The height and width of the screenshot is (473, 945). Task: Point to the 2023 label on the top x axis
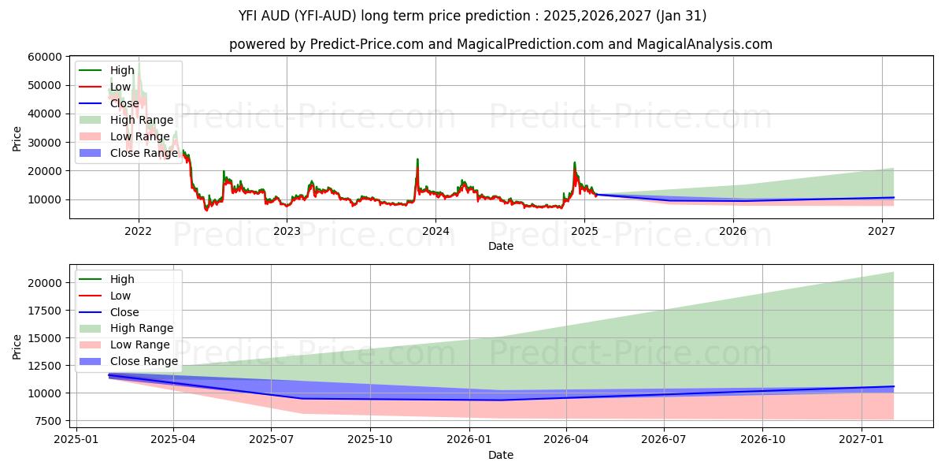coord(287,231)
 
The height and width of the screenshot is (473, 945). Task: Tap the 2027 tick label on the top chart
coord(881,231)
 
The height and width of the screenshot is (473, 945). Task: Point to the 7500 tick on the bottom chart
coord(50,421)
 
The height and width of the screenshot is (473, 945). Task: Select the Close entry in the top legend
coord(124,103)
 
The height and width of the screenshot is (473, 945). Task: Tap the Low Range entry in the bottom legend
coord(139,345)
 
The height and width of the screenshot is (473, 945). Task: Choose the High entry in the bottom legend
coord(122,279)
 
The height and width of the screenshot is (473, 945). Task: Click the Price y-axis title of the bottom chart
coord(17,346)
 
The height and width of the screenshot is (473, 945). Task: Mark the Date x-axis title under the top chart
coord(501,246)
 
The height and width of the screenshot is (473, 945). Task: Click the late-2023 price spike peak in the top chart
coord(417,159)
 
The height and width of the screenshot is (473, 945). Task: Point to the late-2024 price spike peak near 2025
coord(574,162)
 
